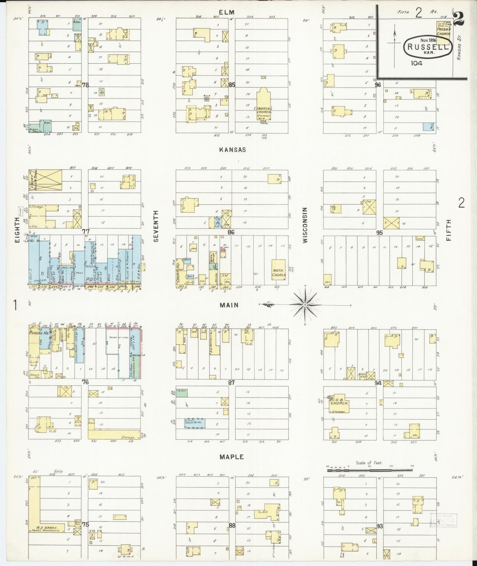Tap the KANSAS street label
point(232,150)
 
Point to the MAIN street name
point(229,305)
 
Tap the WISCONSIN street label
point(305,225)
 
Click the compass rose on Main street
point(305,304)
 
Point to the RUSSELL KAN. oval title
point(427,47)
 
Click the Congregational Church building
point(263,105)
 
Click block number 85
point(231,85)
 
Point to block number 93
point(380,526)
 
